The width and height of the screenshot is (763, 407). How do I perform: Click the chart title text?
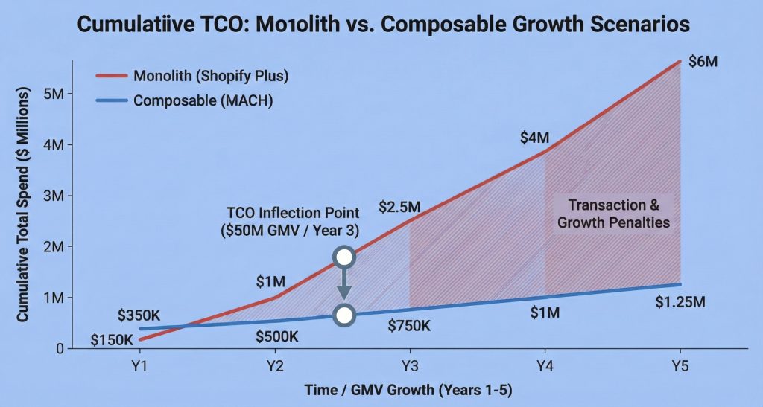381,24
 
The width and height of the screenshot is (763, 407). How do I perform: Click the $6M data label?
702,63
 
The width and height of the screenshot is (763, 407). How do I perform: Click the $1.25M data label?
679,302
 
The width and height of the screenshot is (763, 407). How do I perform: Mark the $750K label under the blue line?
409,324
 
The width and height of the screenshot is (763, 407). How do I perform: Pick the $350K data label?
142,315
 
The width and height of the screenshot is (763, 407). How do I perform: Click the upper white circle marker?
343,257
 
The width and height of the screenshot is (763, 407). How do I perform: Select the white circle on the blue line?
343,314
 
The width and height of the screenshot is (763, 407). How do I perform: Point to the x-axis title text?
408,391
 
